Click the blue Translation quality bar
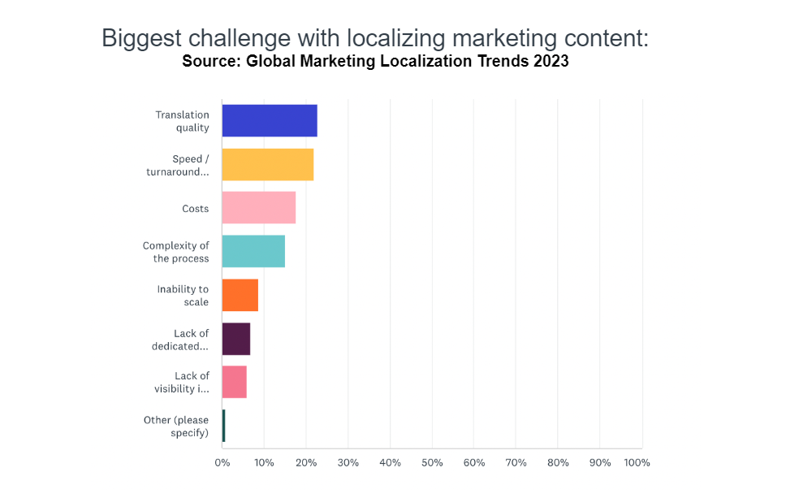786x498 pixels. pos(269,120)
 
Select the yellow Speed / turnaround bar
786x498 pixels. pos(267,164)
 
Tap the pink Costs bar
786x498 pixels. pos(258,208)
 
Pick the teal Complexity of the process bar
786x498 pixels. pos(253,251)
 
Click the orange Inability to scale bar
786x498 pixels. pos(240,295)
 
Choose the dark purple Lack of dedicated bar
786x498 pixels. pos(235,339)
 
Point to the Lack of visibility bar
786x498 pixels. pos(234,382)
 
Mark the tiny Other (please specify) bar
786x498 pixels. pos(223,426)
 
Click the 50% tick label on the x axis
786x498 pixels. pos(432,463)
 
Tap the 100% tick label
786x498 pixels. pos(637,463)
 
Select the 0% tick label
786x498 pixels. pos(222,463)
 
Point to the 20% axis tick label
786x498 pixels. pos(306,463)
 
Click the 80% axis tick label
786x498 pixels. pos(558,463)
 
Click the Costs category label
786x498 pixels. pos(195,209)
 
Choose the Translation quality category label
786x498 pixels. pos(183,121)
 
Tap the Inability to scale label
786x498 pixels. pos(184,296)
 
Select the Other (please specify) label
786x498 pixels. pos(175,427)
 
